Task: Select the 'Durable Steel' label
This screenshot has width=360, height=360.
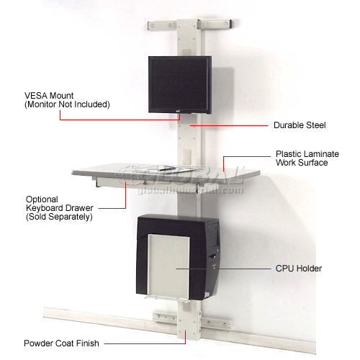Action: [300, 125]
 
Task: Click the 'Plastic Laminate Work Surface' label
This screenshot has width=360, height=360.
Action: [302, 158]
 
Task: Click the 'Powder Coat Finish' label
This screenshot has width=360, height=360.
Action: [60, 343]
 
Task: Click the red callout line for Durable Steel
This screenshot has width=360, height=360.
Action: [230, 125]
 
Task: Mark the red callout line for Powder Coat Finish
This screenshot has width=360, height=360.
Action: [144, 343]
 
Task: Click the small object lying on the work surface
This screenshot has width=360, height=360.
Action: [168, 168]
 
